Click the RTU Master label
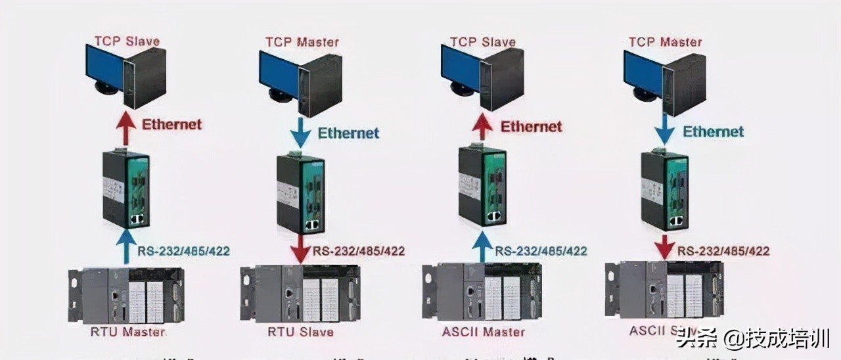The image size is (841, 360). [127, 332]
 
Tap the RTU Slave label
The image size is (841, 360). [300, 332]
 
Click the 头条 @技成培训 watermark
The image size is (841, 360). [753, 338]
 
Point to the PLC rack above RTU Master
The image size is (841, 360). [125, 295]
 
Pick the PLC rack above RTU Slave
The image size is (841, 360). [300, 292]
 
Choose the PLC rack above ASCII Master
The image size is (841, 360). [482, 292]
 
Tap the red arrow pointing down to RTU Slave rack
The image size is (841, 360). [301, 249]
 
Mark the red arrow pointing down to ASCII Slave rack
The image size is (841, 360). [664, 247]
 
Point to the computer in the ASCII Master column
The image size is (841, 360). [482, 76]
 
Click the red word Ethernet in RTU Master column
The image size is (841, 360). [172, 124]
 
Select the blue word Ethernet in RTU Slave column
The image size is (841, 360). [348, 133]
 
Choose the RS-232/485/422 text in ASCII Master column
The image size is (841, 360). [541, 251]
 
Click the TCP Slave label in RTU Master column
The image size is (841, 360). [127, 41]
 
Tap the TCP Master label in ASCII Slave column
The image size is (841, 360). [665, 41]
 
